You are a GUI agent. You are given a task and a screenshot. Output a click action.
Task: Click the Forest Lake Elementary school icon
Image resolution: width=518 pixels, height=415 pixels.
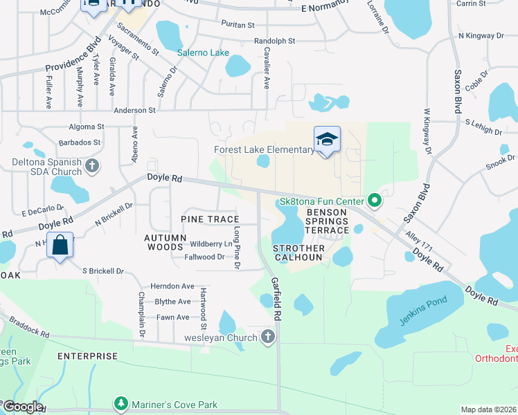click(327, 140)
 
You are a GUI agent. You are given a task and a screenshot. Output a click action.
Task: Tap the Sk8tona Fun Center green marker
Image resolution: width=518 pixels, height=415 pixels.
click(375, 201)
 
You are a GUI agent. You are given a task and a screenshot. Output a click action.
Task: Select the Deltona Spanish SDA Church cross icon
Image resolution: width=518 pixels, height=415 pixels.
click(92, 166)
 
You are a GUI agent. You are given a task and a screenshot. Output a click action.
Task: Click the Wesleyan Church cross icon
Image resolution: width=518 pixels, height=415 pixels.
click(268, 337)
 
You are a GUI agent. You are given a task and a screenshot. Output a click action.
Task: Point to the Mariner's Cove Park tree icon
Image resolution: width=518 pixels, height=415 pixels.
click(121, 404)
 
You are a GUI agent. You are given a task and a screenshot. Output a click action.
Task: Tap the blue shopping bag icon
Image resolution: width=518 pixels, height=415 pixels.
click(60, 245)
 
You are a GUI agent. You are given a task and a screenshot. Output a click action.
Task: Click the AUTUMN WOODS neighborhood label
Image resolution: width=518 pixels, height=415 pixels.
click(165, 242)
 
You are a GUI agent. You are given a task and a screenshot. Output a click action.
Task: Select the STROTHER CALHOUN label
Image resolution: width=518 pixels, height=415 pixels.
click(298, 252)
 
